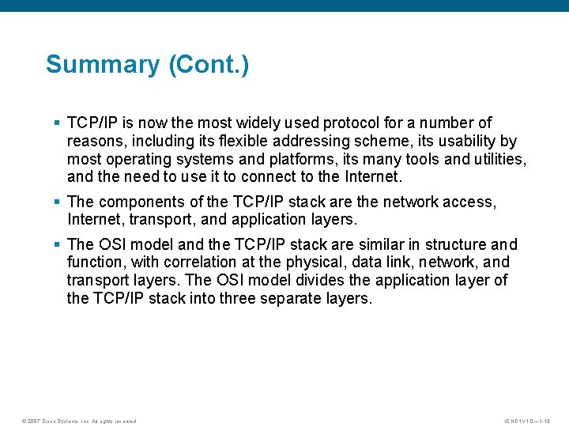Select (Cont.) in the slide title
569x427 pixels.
(209, 64)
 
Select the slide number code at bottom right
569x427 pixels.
(531, 421)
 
